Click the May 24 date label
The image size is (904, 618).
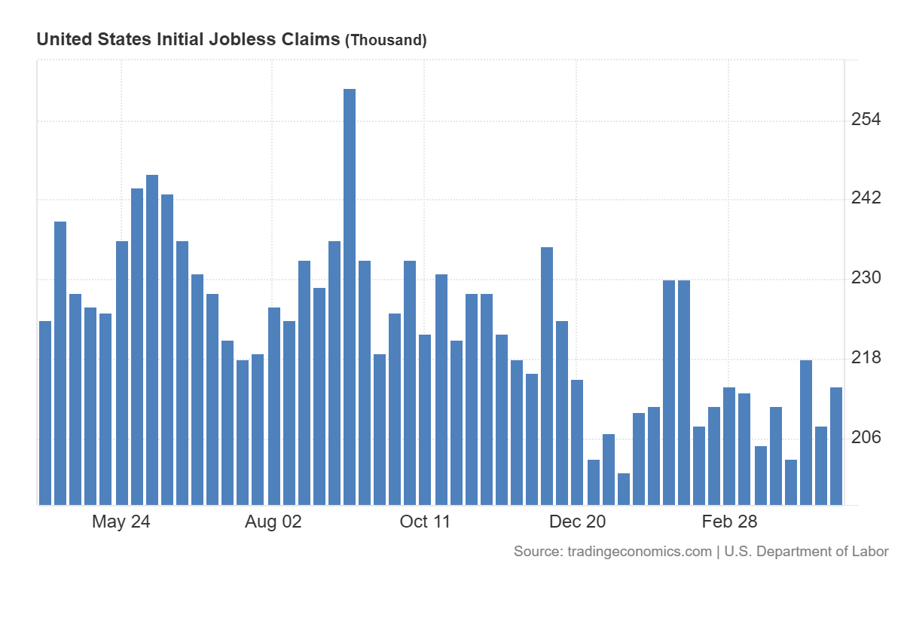[x=121, y=522]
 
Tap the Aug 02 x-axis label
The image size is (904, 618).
[x=273, y=522]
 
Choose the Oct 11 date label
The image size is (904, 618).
[x=425, y=522]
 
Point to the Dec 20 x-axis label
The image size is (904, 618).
[x=577, y=522]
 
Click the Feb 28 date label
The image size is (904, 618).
[x=729, y=522]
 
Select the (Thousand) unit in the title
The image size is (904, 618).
[x=386, y=41]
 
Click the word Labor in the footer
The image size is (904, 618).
[x=871, y=552]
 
